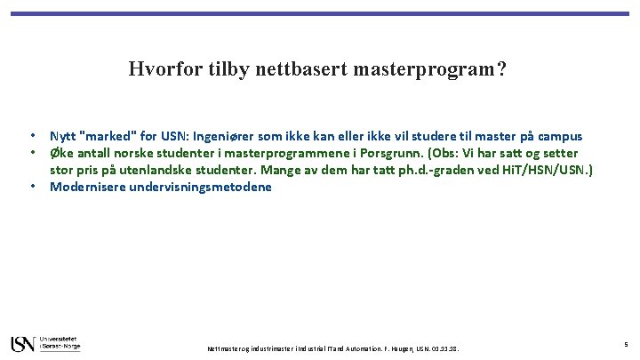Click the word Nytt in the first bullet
coord(62,136)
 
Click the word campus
coord(558,136)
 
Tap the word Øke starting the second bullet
coord(61,153)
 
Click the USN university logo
coord(45,342)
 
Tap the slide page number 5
coord(626,344)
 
